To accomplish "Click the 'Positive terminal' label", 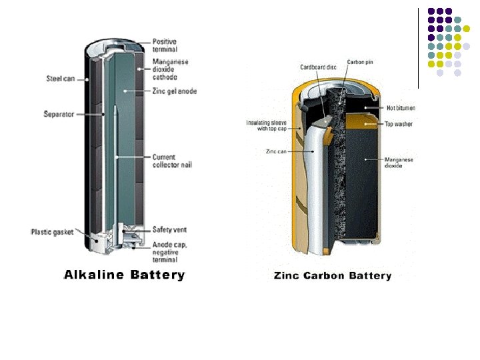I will pyautogui.click(x=165, y=45).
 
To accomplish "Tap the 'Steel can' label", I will pyautogui.click(x=60, y=79).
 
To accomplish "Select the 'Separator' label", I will pyautogui.click(x=59, y=115).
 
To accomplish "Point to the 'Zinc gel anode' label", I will pyautogui.click(x=174, y=91).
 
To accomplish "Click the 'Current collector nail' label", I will pyautogui.click(x=171, y=161).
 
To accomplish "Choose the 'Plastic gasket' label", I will pyautogui.click(x=51, y=231).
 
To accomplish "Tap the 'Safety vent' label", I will pyautogui.click(x=169, y=229).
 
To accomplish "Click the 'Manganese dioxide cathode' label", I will pyautogui.click(x=170, y=70).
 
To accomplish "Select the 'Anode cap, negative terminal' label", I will pyautogui.click(x=169, y=252).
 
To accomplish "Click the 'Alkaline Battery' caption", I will pyautogui.click(x=124, y=275).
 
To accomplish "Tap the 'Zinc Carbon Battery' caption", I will pyautogui.click(x=333, y=275).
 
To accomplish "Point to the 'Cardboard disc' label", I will pyautogui.click(x=318, y=67).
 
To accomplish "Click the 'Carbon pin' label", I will pyautogui.click(x=360, y=62).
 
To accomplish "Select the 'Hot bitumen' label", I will pyautogui.click(x=402, y=108).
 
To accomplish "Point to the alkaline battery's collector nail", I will pyautogui.click(x=115, y=167).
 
